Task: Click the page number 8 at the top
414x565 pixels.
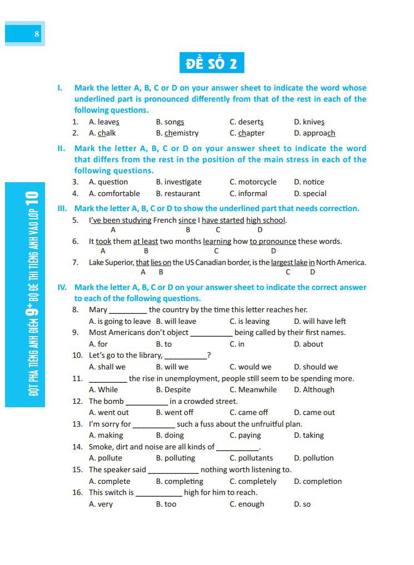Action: point(37,33)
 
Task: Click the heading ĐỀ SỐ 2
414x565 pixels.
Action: point(212,63)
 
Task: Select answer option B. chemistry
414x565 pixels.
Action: point(177,133)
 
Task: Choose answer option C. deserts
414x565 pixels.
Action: point(247,122)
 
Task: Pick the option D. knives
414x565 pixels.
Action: point(309,122)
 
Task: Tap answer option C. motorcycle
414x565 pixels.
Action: point(253,182)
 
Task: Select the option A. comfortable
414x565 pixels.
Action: point(114,194)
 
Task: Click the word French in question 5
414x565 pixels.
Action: point(165,221)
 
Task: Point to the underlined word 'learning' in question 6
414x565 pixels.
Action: point(217,242)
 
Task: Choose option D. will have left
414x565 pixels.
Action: point(320,322)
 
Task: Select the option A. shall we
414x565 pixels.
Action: point(107,367)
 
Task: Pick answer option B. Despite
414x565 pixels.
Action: point(173,390)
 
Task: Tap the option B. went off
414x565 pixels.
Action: point(174,413)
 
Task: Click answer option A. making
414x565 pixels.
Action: point(106,436)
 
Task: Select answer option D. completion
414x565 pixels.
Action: point(318,482)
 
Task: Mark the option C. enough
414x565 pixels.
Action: point(247,504)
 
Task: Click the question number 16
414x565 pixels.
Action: point(77,493)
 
